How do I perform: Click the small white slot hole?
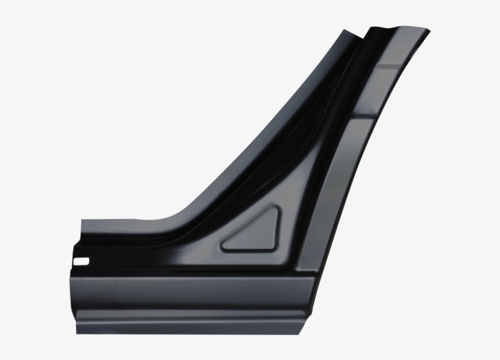pos(80,262)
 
